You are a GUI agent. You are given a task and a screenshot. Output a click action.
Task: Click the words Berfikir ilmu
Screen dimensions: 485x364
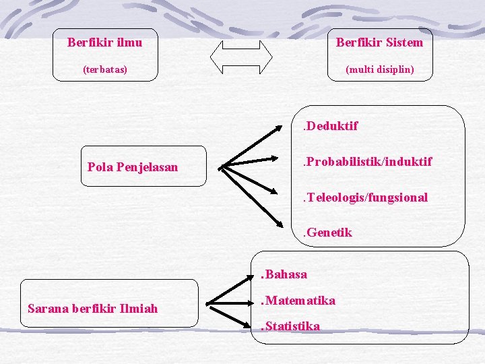tap(104, 42)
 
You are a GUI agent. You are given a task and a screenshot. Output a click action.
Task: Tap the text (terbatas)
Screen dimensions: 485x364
tap(104, 69)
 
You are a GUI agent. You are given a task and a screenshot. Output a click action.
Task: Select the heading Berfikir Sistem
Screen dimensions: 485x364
tap(379, 42)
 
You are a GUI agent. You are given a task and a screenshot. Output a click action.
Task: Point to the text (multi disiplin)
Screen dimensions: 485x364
tap(379, 69)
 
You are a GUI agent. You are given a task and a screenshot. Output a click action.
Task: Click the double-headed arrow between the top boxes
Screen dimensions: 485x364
tap(241, 55)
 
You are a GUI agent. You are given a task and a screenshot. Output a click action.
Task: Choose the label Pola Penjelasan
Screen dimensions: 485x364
tap(133, 166)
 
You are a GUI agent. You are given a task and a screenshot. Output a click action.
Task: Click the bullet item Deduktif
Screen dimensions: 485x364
tap(330, 126)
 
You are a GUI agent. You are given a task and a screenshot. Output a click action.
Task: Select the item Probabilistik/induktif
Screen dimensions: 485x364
tap(367, 162)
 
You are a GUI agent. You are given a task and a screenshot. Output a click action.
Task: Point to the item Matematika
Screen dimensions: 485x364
tap(298, 301)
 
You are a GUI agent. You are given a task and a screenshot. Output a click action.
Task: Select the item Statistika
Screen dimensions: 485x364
tap(290, 326)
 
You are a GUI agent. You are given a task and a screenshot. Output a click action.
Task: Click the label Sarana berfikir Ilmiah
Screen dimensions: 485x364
tap(93, 309)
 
